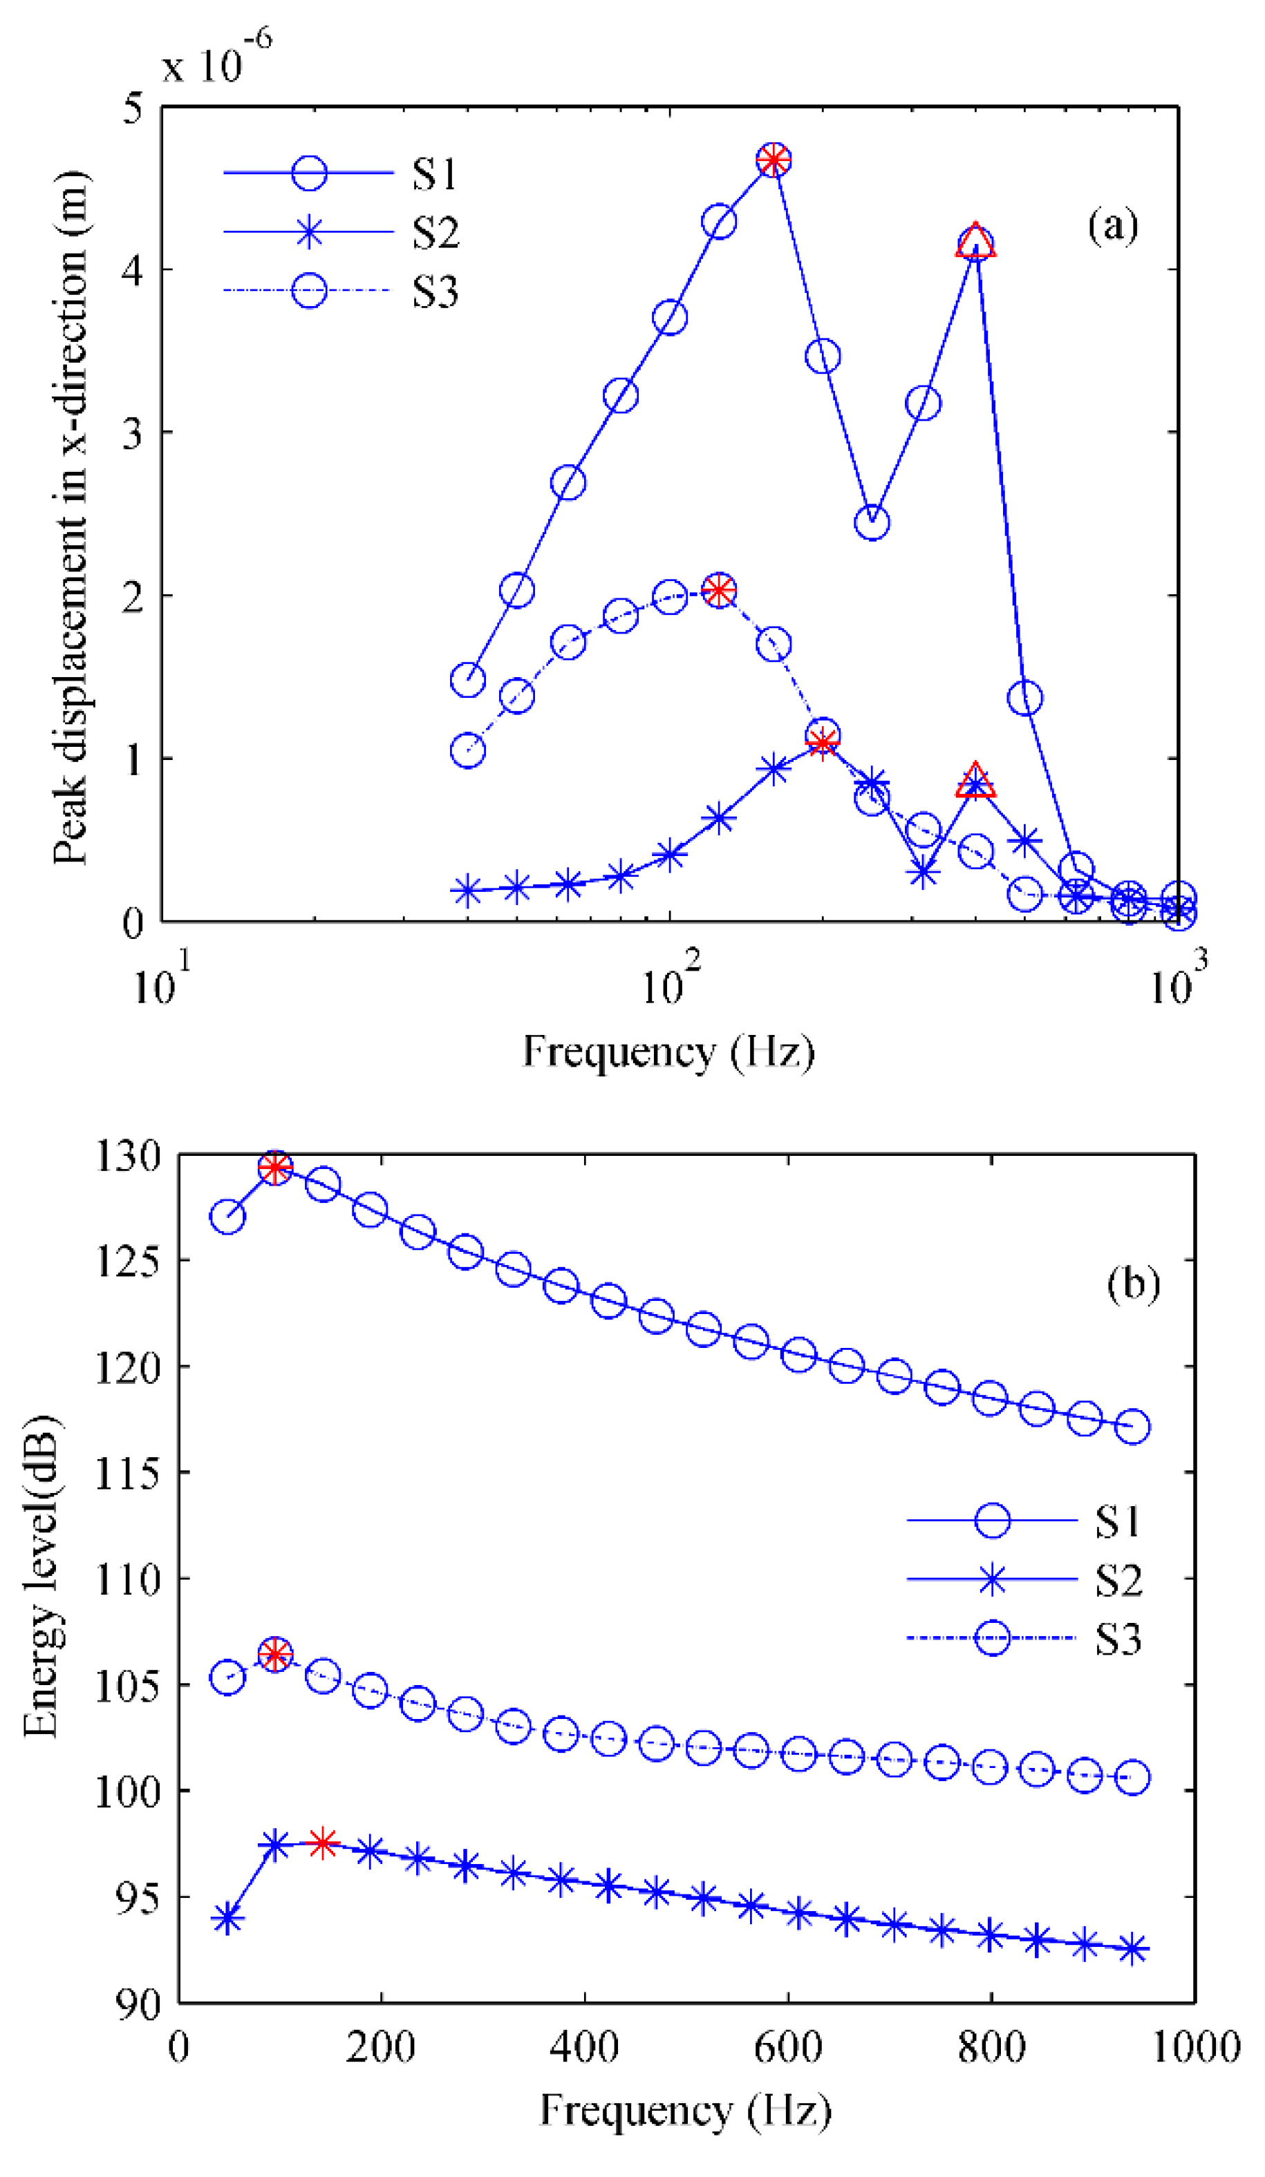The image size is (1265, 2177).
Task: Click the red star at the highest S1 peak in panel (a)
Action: click(774, 160)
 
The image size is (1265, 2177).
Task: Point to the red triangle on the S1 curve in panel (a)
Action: click(975, 242)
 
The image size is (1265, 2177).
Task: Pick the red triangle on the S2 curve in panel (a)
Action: click(975, 781)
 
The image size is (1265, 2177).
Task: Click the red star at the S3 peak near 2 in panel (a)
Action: click(719, 591)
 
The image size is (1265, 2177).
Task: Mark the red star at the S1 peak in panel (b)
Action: click(275, 1169)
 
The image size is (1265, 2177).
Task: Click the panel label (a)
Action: click(1113, 227)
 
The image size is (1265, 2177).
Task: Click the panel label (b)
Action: click(1133, 1284)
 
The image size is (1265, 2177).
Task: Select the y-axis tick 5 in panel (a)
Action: click(132, 110)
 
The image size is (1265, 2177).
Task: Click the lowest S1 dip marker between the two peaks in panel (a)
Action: click(872, 522)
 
